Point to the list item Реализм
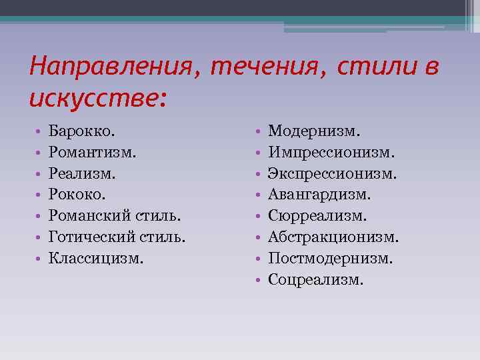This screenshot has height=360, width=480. tap(77, 174)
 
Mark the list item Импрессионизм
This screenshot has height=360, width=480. tap(331, 153)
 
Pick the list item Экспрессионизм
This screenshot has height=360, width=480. tap(333, 174)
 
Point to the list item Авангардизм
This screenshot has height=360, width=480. tap(319, 195)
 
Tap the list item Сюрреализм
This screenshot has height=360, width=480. tap(317, 216)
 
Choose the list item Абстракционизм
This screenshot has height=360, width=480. tap(333, 237)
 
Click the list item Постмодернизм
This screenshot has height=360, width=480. tap(330, 257)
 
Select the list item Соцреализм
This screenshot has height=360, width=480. tap(316, 278)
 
